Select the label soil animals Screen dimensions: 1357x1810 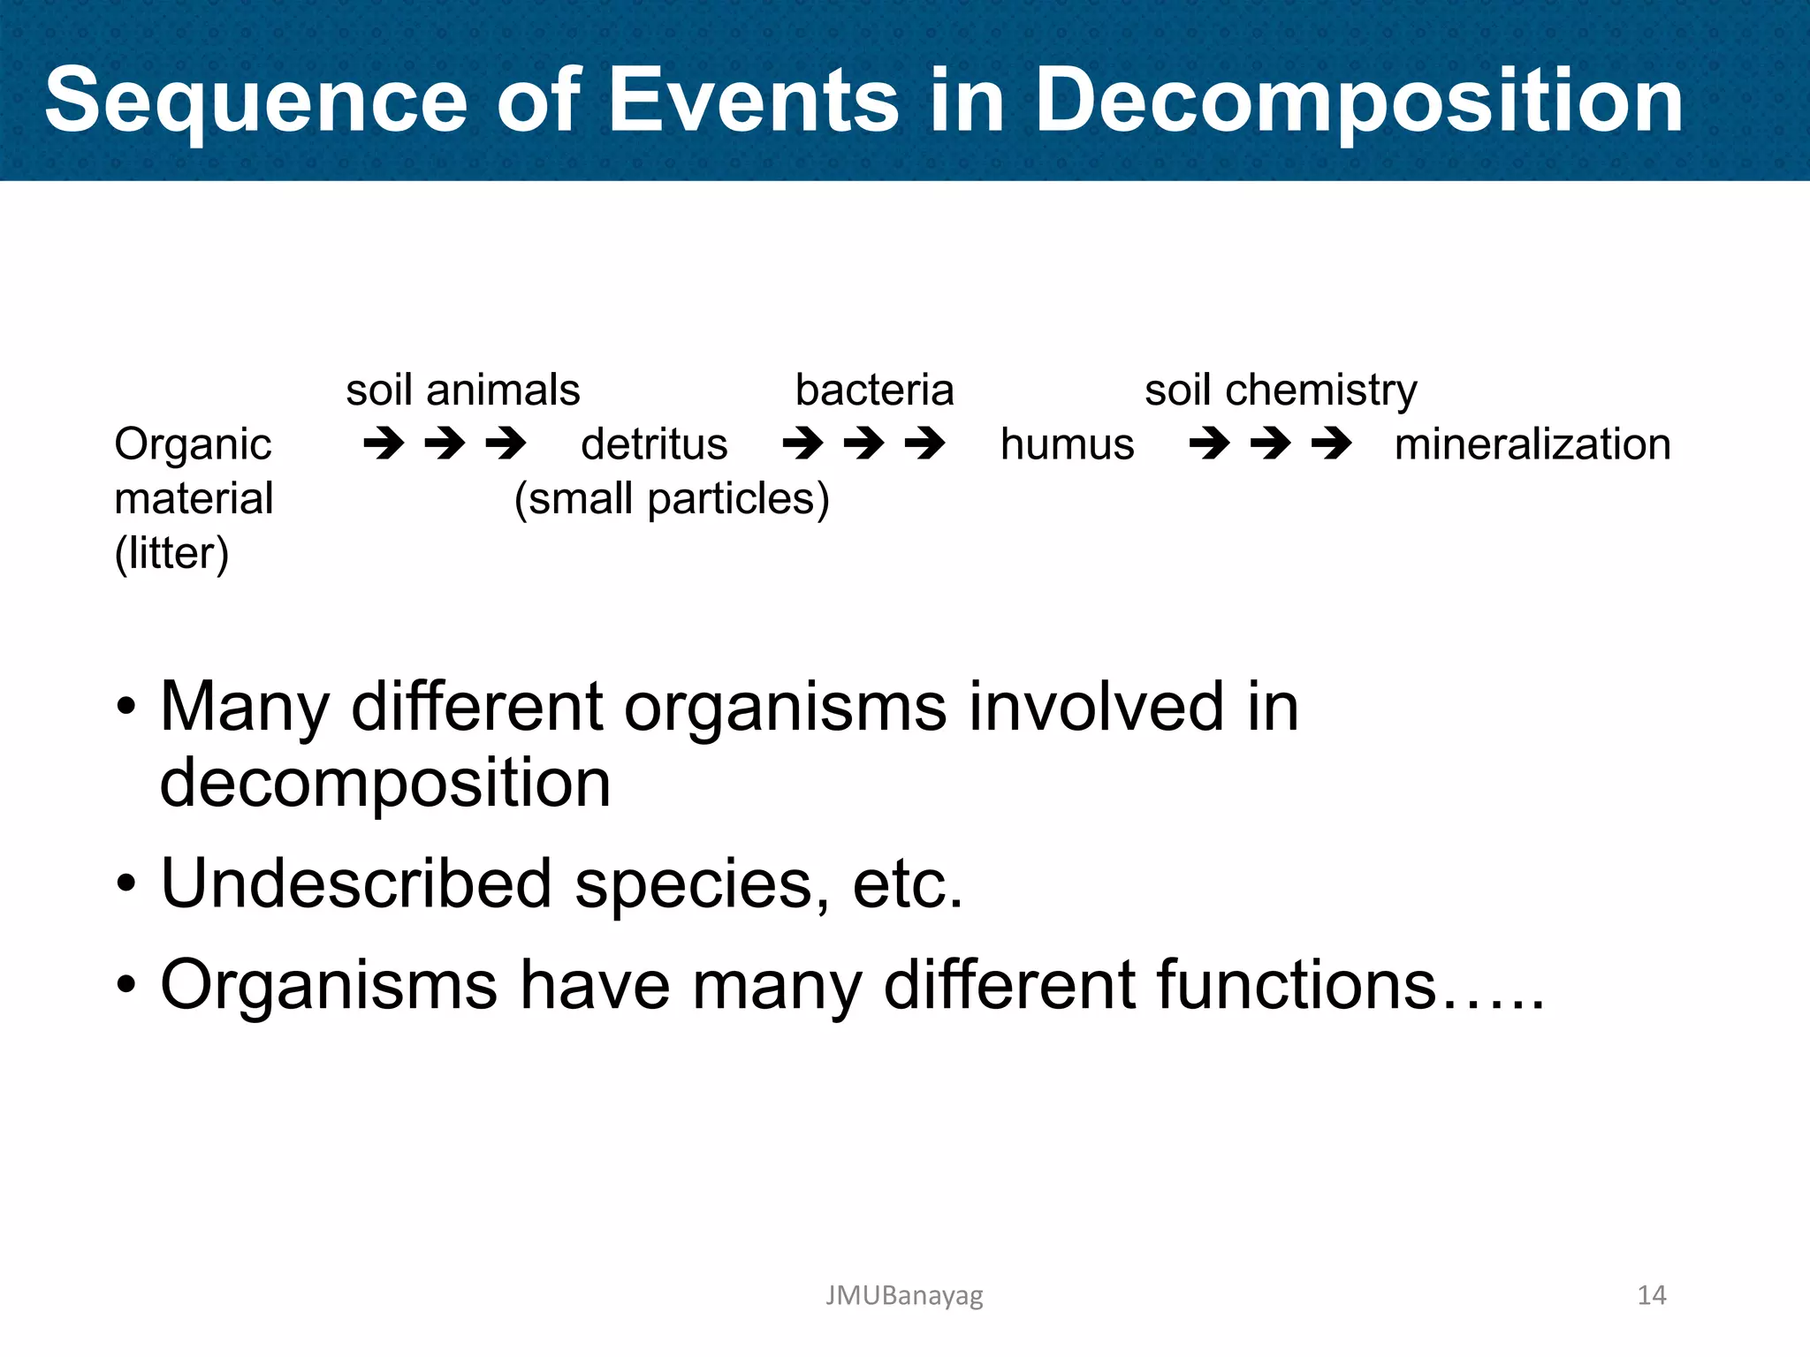point(462,390)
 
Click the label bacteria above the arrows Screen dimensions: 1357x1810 point(874,390)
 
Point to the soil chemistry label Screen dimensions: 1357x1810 point(1280,390)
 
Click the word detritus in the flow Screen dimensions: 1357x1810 point(654,444)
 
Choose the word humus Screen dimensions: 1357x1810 point(1067,444)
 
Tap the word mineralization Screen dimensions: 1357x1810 point(1532,444)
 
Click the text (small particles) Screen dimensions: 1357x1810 point(672,499)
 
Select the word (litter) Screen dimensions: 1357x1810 point(171,554)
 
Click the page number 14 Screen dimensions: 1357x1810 point(1651,1295)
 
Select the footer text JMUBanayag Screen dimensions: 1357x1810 point(903,1295)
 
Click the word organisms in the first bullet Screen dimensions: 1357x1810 point(785,709)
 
